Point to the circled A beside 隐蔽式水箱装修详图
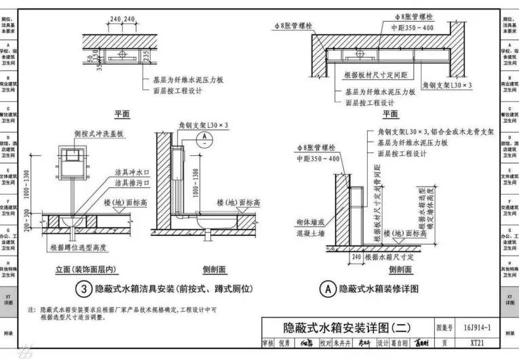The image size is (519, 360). pos(328,289)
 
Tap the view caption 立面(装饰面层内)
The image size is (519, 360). pos(90,270)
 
